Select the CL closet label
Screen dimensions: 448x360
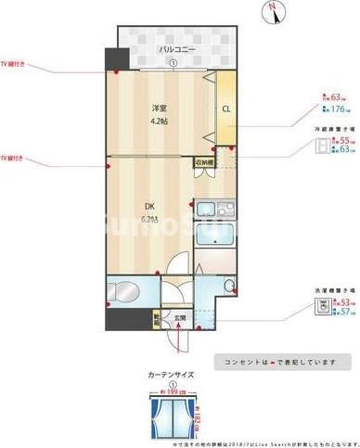(225, 109)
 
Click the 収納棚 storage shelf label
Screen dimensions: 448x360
(203, 163)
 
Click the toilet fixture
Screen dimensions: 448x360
(124, 288)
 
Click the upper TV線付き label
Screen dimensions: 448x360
(14, 65)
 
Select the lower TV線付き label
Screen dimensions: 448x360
(14, 158)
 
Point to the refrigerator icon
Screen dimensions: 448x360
(321, 145)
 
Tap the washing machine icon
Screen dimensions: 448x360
(321, 307)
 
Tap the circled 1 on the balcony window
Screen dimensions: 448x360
(174, 63)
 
